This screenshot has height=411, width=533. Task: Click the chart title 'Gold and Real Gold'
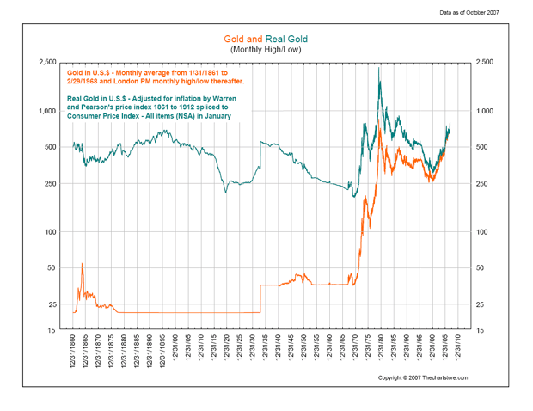coord(266,40)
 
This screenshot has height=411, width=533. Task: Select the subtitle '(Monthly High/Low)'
coord(266,51)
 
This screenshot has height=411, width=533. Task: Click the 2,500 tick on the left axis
coord(46,64)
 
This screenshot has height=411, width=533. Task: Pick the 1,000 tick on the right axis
coord(487,112)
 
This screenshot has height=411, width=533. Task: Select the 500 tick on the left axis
coord(51,148)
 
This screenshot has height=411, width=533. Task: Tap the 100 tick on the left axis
coord(51,232)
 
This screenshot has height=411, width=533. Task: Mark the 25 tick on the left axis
coord(52,304)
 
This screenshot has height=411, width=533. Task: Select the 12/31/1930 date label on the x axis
coord(254,353)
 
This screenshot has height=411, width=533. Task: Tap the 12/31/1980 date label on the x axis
coord(382,353)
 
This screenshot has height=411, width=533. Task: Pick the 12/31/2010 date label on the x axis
coord(459,353)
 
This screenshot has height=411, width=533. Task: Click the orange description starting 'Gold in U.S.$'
coord(155,76)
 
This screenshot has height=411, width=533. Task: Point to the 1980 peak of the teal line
coord(380,69)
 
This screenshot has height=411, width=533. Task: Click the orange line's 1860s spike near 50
coord(82,264)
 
